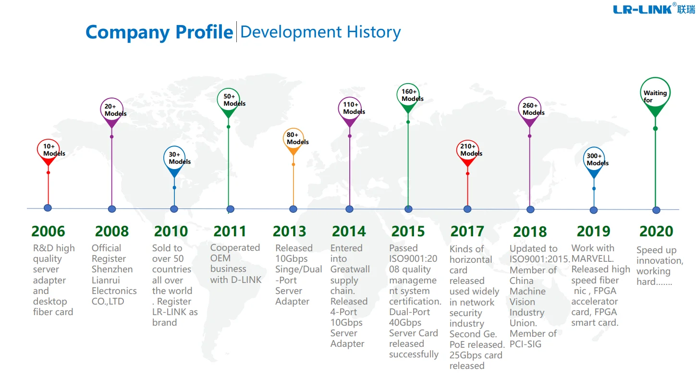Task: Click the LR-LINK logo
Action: click(653, 9)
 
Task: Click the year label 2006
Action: click(48, 231)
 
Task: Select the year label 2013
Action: click(289, 231)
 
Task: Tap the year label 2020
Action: click(656, 231)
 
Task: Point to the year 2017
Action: click(467, 231)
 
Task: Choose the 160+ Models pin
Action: click(408, 96)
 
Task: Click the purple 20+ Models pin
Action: click(112, 110)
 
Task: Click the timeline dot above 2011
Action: click(231, 209)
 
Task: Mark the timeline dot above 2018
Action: click(530, 209)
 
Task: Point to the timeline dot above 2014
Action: click(349, 209)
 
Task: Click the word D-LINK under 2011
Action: click(246, 280)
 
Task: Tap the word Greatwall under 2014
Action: click(350, 269)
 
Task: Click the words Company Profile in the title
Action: click(159, 32)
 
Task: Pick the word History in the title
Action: click(373, 32)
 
